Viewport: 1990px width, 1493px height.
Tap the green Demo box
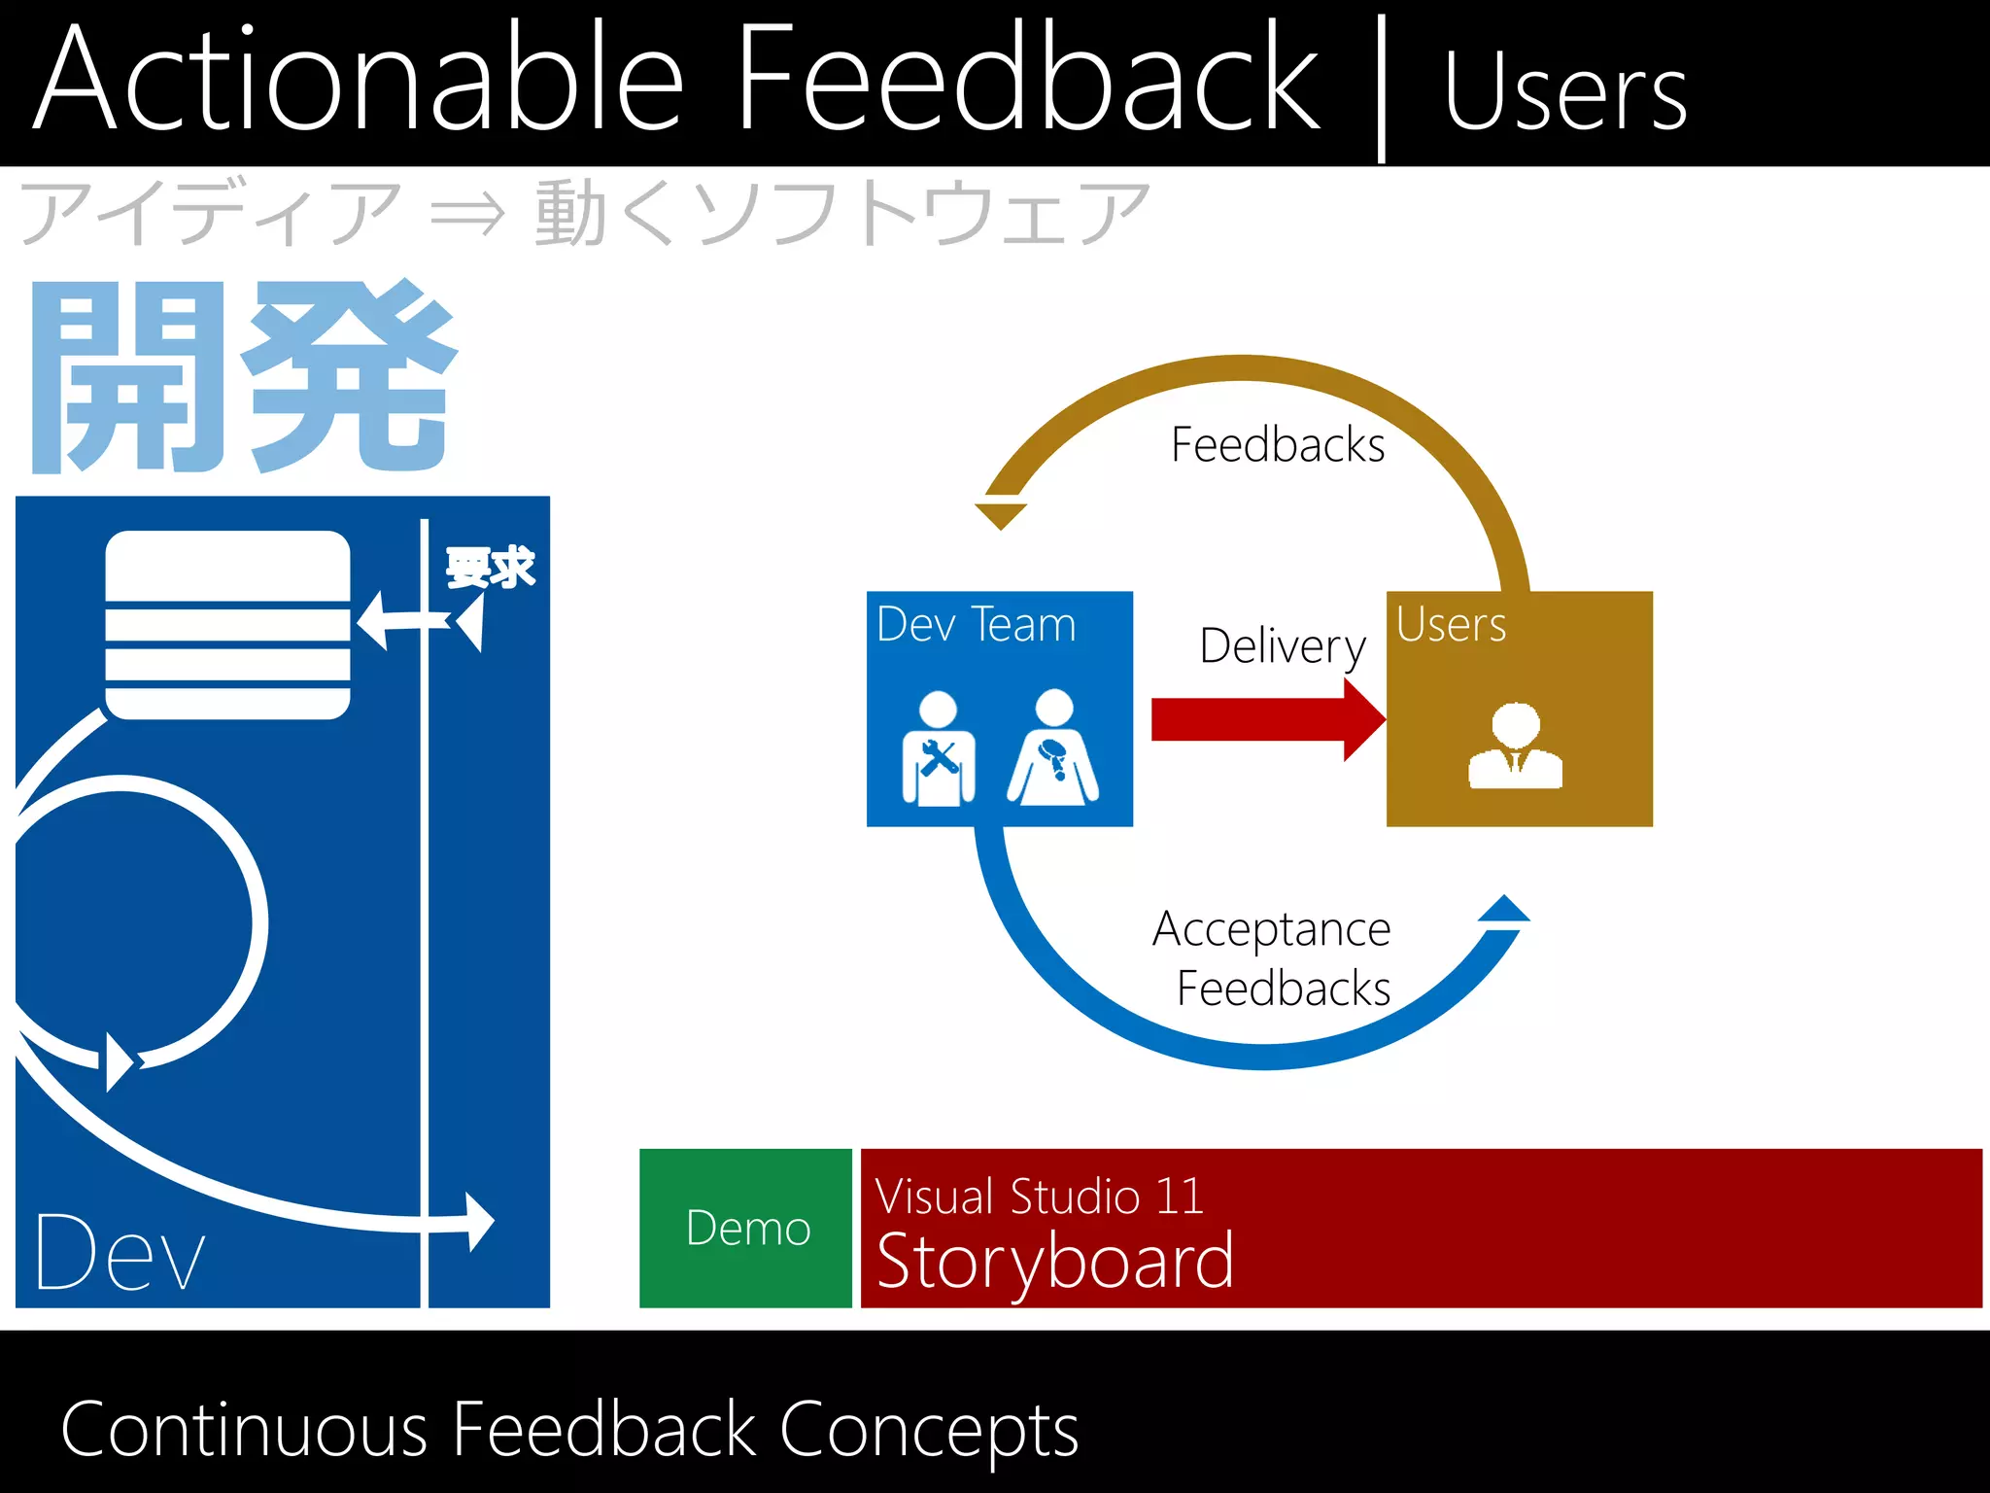pos(746,1228)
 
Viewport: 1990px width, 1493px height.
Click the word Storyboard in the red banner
pos(1055,1261)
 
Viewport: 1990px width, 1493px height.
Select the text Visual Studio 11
pos(1039,1196)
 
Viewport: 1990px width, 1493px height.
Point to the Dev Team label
pos(976,624)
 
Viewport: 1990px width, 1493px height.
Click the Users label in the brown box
pos(1451,624)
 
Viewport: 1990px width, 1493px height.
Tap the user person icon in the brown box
pos(1515,746)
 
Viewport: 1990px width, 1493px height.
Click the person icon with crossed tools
pos(938,749)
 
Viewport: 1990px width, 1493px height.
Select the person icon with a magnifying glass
pos(1053,749)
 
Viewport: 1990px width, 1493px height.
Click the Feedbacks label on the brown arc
pos(1277,445)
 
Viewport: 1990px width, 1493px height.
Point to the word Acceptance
pos(1271,929)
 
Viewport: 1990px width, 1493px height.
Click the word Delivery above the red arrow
pos(1282,645)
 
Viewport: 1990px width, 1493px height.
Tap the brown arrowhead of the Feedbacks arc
pos(1000,513)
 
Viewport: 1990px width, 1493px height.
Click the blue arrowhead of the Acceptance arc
pos(1504,910)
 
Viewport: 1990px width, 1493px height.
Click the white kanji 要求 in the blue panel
pos(490,568)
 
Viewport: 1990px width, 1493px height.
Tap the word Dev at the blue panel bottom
pos(120,1253)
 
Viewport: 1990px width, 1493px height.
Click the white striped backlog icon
pos(227,625)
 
